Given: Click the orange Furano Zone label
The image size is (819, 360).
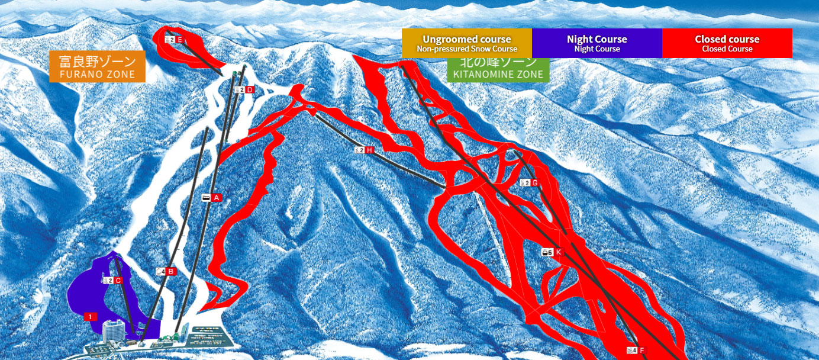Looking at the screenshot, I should tap(97, 67).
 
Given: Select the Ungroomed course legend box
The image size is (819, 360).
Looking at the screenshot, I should tap(467, 43).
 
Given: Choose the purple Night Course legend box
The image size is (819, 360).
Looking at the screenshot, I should tap(596, 43).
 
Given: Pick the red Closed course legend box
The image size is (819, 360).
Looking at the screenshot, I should tap(727, 43).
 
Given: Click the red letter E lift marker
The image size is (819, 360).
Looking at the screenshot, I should tap(180, 40).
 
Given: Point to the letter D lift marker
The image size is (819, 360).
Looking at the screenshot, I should tap(250, 90).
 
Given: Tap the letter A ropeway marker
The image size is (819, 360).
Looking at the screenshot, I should tap(217, 197).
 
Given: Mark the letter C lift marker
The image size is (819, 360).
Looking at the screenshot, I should tap(118, 280).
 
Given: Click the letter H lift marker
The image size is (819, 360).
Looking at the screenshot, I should tap(370, 150).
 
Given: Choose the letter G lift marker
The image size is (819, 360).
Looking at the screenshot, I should tap(535, 183).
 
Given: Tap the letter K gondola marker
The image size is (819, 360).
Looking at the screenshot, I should tap(558, 252).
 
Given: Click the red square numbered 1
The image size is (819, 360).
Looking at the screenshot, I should tap(90, 317).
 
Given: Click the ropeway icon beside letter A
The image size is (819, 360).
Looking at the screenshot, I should tap(207, 197).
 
